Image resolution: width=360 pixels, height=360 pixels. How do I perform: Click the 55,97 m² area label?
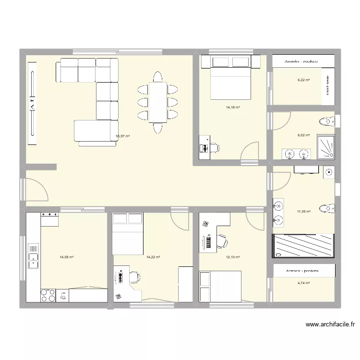tap(123, 136)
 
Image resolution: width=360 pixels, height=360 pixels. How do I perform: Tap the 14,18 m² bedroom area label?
tap(233, 108)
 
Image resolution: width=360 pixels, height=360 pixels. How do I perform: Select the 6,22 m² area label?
tap(303, 80)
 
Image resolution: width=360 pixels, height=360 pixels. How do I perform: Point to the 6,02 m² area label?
tap(303, 136)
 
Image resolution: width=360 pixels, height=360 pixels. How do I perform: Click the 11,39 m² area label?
tap(303, 211)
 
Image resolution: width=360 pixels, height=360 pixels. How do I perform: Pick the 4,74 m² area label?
tap(303, 283)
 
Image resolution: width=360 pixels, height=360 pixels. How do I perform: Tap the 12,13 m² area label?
tap(233, 257)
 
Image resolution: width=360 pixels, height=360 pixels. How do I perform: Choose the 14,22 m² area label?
tap(153, 257)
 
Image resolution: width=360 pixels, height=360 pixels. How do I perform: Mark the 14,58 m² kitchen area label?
tap(67, 257)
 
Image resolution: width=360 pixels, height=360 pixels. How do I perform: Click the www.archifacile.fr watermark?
tap(331, 325)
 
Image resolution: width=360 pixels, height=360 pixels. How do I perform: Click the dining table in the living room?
tap(157, 102)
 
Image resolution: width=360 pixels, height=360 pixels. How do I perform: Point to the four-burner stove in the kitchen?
tap(48, 295)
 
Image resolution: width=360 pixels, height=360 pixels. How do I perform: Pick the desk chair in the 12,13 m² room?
tap(223, 241)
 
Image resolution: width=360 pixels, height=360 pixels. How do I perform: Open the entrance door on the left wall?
tap(34, 190)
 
